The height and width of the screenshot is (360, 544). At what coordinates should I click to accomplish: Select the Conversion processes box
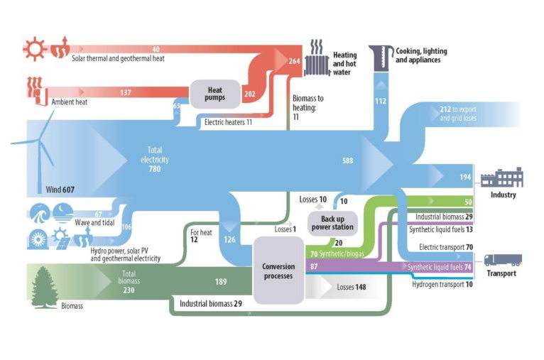click(278, 271)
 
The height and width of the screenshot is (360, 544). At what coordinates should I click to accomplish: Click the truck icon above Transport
click(501, 260)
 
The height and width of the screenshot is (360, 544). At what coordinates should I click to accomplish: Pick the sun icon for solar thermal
click(33, 49)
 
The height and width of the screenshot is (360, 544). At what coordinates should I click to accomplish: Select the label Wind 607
click(60, 190)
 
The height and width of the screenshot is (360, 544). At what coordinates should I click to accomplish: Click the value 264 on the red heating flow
click(295, 62)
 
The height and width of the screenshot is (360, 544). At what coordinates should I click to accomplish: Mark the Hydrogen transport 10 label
click(442, 284)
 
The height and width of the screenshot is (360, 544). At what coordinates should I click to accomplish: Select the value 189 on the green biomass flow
click(221, 281)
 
